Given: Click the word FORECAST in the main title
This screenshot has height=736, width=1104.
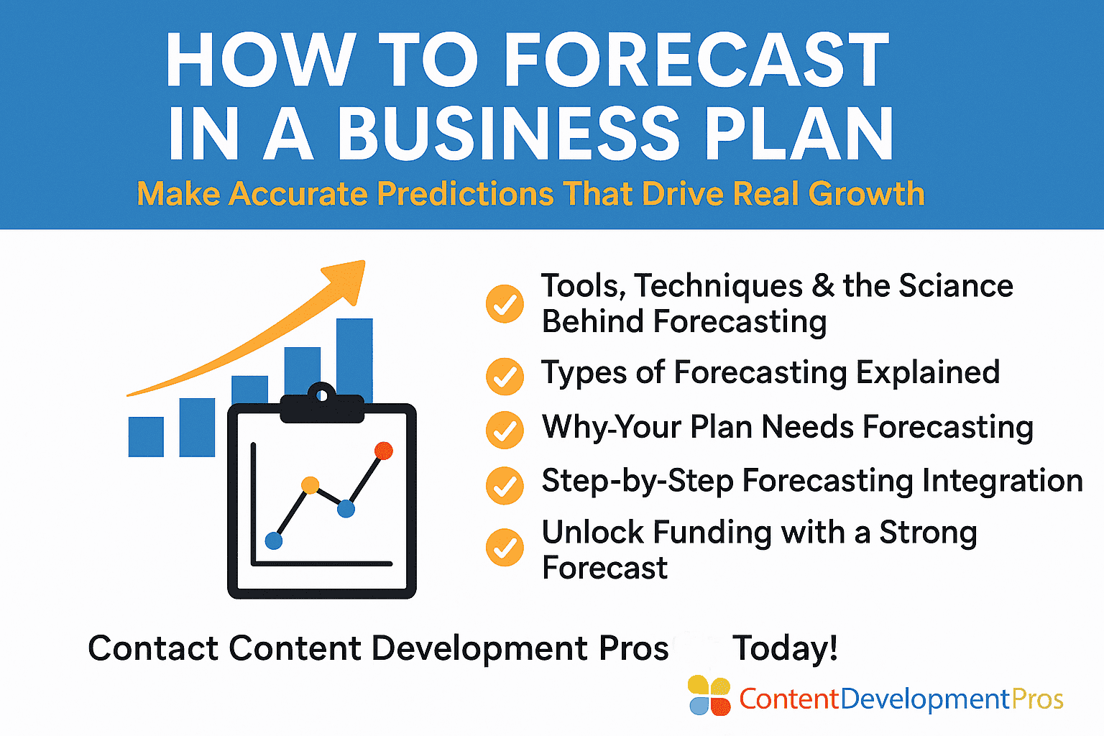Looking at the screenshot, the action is (696, 60).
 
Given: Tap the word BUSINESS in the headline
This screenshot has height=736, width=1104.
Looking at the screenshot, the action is (509, 134).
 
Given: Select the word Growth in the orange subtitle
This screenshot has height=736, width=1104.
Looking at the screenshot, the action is (866, 193).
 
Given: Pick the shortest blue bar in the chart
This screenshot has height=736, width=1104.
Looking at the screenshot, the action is (146, 437).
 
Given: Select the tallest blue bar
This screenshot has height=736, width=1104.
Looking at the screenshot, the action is (354, 360).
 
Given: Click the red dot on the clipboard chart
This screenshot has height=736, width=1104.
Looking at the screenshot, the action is (383, 451).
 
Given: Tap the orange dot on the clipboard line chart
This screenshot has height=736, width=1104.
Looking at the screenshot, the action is (310, 485).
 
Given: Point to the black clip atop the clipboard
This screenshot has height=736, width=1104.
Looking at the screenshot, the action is (322, 404).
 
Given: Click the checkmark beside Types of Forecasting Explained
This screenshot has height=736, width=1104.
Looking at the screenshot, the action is (505, 377).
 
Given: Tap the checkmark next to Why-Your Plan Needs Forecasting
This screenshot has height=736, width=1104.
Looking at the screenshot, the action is (505, 430).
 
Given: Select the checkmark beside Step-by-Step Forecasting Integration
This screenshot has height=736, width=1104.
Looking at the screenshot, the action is (505, 486).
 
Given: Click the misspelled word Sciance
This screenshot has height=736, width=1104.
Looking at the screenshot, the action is (956, 285).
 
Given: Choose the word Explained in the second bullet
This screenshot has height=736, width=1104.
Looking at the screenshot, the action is (928, 373).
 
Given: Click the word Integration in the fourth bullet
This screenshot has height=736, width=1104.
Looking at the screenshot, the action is (1002, 481).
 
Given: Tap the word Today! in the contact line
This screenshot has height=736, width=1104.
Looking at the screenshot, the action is (785, 648).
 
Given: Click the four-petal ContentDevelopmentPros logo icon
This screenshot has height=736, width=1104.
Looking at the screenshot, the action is (709, 696).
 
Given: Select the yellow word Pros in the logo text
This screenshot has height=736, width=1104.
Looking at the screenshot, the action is (1037, 699).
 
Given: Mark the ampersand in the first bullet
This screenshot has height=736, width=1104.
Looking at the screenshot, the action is (822, 285).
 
